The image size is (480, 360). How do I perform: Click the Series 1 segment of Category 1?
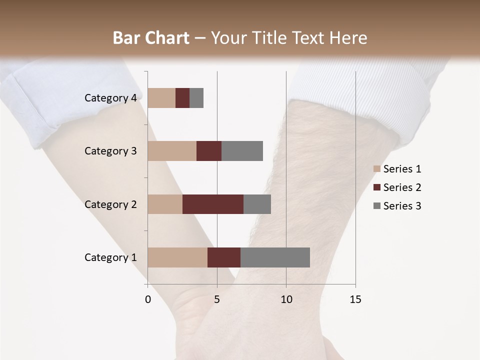[177, 257]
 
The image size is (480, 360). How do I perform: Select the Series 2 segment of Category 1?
[224, 257]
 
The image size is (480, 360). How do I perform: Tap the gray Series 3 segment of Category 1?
[275, 257]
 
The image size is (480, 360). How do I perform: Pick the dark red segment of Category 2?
[213, 204]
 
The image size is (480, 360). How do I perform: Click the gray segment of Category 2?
[257, 204]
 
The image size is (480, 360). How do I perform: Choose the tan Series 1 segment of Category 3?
[172, 151]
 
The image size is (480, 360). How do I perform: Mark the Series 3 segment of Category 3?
[242, 151]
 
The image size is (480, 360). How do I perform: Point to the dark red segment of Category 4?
[182, 98]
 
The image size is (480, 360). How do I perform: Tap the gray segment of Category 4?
[196, 98]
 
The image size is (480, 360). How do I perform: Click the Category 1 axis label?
[110, 257]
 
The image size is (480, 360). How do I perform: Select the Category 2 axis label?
[110, 204]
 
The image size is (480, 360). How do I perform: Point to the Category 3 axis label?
[110, 151]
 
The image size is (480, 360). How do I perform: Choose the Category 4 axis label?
[110, 98]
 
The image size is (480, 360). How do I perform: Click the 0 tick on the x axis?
[148, 299]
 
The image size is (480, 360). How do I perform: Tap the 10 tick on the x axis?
[286, 299]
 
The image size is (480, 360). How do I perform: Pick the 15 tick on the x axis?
[355, 299]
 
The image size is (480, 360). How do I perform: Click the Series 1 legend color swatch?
[377, 169]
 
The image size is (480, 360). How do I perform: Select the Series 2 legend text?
[402, 187]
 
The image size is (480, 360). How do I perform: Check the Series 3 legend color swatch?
[377, 206]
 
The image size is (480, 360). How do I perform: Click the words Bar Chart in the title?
[151, 38]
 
